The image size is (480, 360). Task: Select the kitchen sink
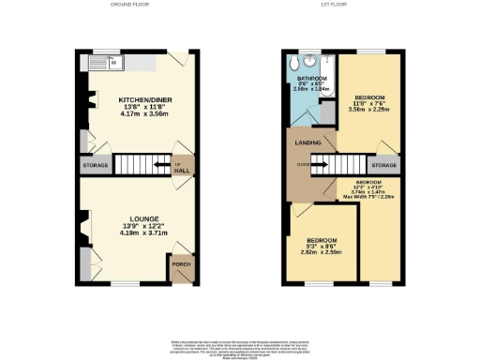[110, 65]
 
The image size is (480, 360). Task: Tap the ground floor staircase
[142, 166]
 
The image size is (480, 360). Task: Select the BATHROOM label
[310, 78]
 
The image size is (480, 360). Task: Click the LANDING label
[308, 142]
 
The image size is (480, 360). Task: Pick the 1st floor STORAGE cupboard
[383, 165]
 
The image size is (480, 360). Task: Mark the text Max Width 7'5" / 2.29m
[368, 197]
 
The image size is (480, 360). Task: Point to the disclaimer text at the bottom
[240, 346]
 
